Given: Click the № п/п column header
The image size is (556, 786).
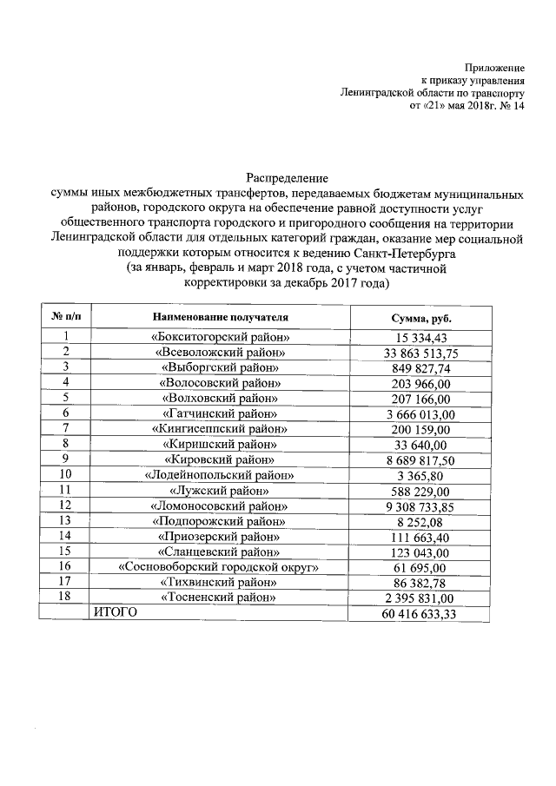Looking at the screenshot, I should [x=65, y=318].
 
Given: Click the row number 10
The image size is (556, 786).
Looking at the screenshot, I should [x=65, y=475].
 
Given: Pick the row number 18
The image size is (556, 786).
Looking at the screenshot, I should [x=65, y=598].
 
